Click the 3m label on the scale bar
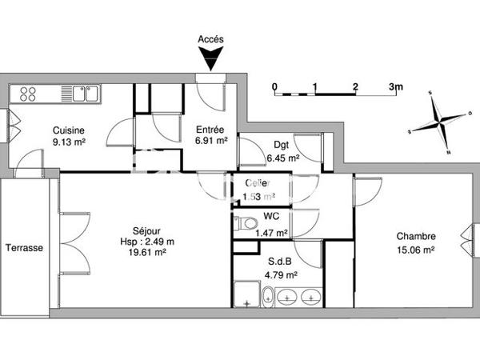pyautogui.click(x=396, y=86)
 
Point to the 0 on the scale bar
pyautogui.click(x=274, y=86)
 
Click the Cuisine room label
pyautogui.click(x=69, y=131)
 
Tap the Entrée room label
pyautogui.click(x=211, y=130)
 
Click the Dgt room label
pyautogui.click(x=281, y=145)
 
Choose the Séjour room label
pyautogui.click(x=148, y=226)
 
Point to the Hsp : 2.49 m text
pyautogui.click(x=148, y=239)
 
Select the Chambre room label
pyautogui.click(x=416, y=236)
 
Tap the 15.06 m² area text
pyautogui.click(x=416, y=249)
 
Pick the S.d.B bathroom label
pyautogui.click(x=280, y=262)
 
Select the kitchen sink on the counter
pyautogui.click(x=85, y=94)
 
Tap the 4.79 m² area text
pyautogui.click(x=280, y=274)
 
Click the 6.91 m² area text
pyautogui.click(x=211, y=142)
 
